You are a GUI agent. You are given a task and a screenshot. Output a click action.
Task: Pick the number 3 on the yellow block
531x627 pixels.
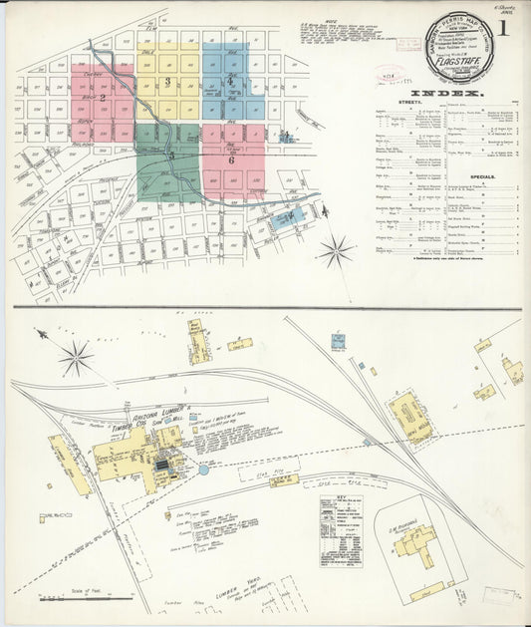(x=168, y=81)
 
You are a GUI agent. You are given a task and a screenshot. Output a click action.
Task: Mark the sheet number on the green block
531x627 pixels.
(x=171, y=155)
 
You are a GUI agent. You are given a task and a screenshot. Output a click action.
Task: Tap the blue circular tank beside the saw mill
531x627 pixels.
(x=204, y=468)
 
